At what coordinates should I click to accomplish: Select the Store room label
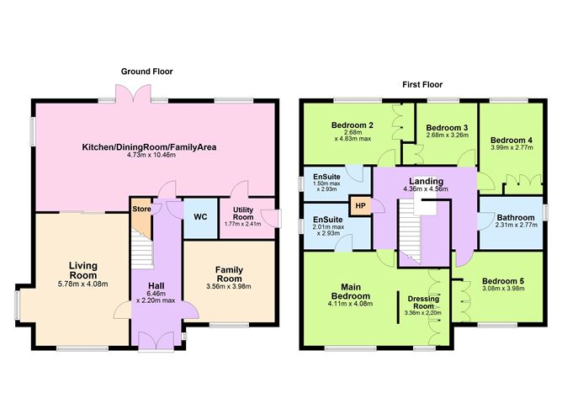(140, 210)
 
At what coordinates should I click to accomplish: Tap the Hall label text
(156, 285)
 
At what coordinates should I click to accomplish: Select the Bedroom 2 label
(353, 124)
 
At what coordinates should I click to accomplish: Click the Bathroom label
(515, 217)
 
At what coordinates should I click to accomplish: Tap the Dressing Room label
(422, 302)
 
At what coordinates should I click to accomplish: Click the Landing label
(426, 181)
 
